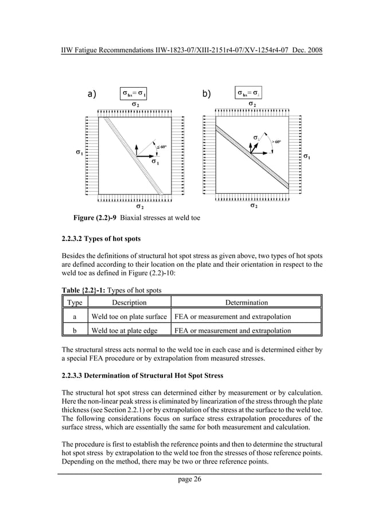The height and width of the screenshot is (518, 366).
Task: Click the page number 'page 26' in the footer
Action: tap(183, 480)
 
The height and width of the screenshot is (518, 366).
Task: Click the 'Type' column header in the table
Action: tap(74, 302)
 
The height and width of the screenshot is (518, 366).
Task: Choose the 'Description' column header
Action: tap(129, 302)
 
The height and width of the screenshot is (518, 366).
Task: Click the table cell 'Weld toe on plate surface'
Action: tap(129, 317)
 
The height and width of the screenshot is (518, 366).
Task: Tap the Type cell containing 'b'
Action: tap(74, 330)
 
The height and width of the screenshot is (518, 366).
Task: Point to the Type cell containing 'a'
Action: tap(74, 317)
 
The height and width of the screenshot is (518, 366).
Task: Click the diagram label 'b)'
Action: tap(207, 94)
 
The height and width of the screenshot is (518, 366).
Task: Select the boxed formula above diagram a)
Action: tap(135, 93)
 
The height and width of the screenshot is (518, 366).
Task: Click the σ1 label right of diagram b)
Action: tap(307, 156)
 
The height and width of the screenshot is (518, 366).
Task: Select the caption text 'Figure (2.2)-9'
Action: tap(93, 219)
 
